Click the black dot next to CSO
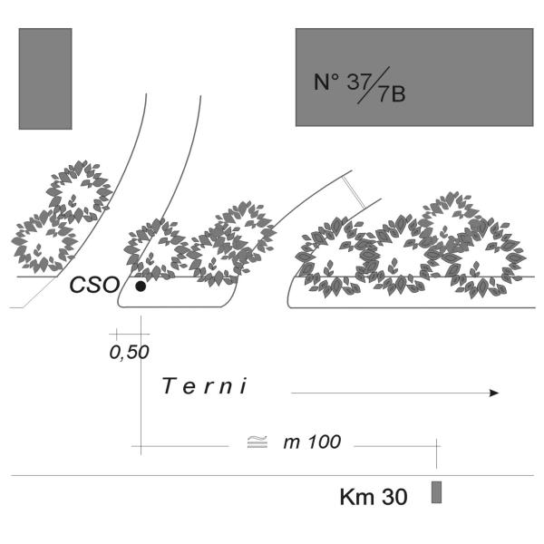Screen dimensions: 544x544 pyautogui.click(x=141, y=287)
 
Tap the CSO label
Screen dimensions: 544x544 pyautogui.click(x=94, y=285)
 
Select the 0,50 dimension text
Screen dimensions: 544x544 pyautogui.click(x=129, y=353)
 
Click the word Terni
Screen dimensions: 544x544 pyautogui.click(x=205, y=386)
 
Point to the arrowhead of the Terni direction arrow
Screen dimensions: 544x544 pyautogui.click(x=494, y=393)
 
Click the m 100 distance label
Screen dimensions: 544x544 pyautogui.click(x=312, y=442)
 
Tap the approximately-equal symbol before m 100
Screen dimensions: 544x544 pyautogui.click(x=257, y=442)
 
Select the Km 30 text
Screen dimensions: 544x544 pyautogui.click(x=374, y=497)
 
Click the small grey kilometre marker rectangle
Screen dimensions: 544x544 pyautogui.click(x=436, y=492)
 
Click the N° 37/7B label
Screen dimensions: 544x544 pyautogui.click(x=359, y=85)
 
